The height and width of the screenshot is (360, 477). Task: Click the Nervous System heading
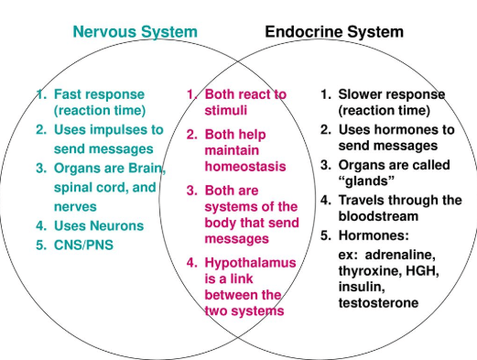pyautogui.click(x=135, y=32)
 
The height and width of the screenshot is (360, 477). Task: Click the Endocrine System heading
pyautogui.click(x=333, y=32)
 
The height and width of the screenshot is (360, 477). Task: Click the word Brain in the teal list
pyautogui.click(x=146, y=168)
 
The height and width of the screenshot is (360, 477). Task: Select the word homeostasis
pyautogui.click(x=244, y=167)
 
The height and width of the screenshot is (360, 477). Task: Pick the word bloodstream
pyautogui.click(x=378, y=216)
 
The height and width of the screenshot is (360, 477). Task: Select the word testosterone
pyautogui.click(x=378, y=302)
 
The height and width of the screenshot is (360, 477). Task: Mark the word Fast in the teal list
pyautogui.click(x=69, y=93)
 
